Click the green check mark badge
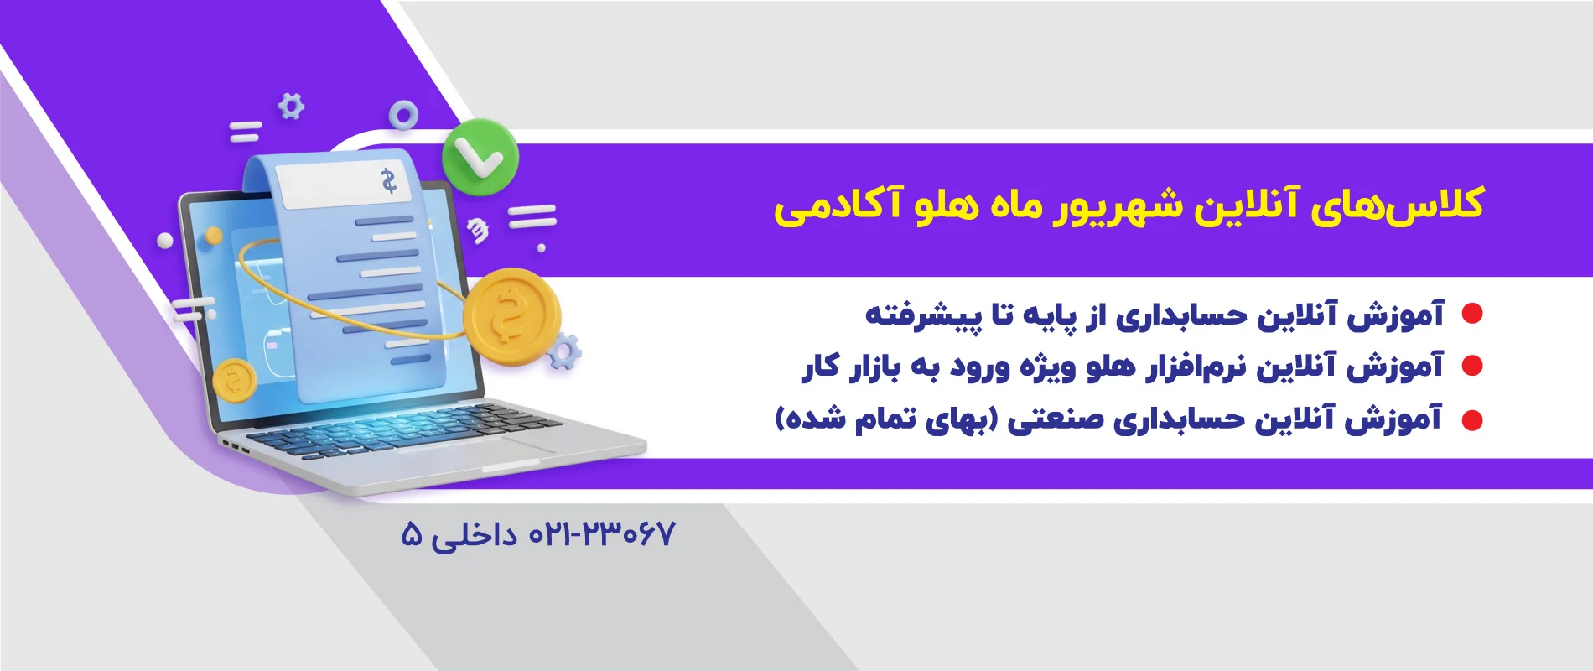[480, 154]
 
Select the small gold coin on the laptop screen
[235, 381]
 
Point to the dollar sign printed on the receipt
[388, 180]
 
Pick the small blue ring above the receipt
[403, 116]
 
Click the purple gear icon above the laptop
[291, 107]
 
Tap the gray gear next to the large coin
[563, 352]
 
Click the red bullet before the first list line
[1472, 314]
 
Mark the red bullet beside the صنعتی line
[1472, 419]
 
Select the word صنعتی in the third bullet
[1056, 419]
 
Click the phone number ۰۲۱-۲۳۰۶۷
[601, 534]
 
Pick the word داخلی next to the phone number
[475, 535]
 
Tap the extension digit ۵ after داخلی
[412, 534]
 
